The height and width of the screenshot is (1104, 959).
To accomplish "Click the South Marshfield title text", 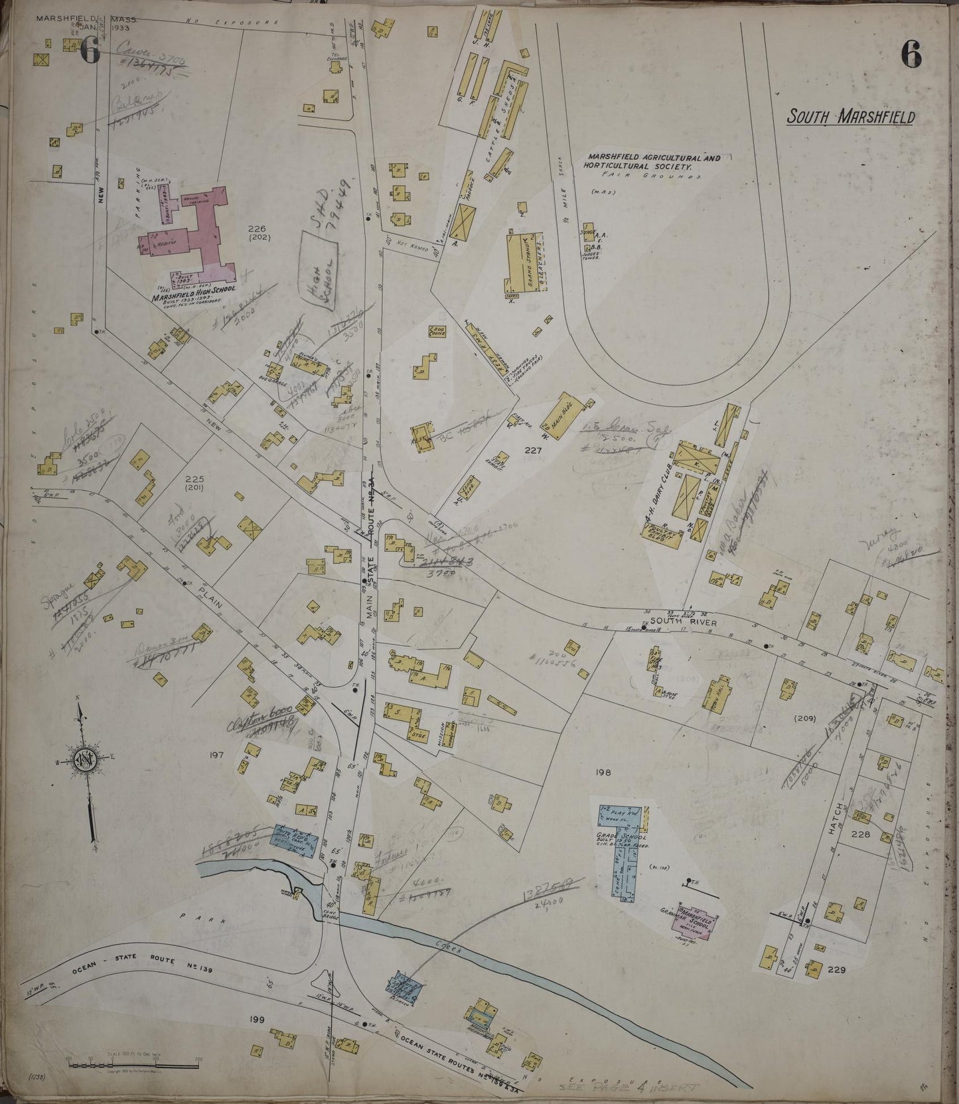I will click(850, 117).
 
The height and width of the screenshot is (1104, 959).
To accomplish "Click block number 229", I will click(836, 969).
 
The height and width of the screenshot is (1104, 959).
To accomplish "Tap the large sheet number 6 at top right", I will click(911, 54).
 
